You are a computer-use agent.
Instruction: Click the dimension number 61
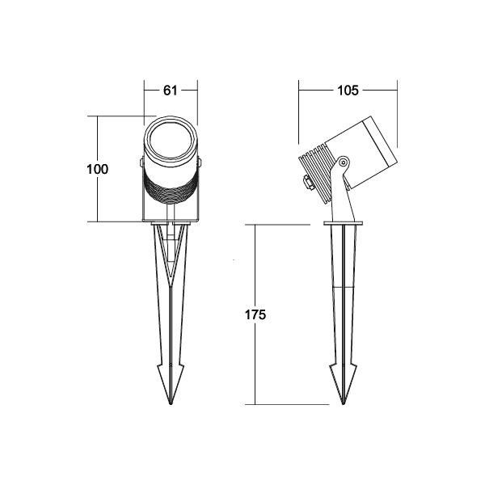pos(170,91)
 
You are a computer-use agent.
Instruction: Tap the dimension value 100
pos(97,169)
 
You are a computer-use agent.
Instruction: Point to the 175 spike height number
pos(255,314)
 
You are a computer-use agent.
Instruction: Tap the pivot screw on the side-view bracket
pos(345,162)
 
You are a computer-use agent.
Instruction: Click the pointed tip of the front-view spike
pos(170,401)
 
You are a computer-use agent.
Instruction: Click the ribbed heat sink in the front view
pos(170,192)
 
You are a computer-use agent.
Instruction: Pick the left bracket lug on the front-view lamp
pos(141,166)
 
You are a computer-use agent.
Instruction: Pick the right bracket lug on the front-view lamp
pos(199,166)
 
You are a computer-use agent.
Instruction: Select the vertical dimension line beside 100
pos(99,202)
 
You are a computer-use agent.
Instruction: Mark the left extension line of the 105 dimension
pos(300,113)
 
